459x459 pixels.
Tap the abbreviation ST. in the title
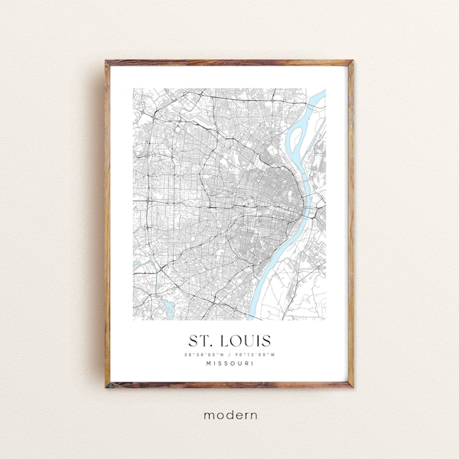[x=200, y=339]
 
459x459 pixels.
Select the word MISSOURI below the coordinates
[x=229, y=363]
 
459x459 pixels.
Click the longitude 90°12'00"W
[x=255, y=353]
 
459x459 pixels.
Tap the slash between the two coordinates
[x=229, y=353]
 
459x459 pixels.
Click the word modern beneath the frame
[x=229, y=415]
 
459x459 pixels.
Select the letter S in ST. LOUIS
[x=193, y=339]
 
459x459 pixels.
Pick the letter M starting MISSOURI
[x=208, y=363]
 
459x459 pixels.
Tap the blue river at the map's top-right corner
[x=320, y=98]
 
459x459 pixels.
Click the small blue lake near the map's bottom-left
[x=164, y=308]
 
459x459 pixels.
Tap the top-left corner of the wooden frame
[x=108, y=63]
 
